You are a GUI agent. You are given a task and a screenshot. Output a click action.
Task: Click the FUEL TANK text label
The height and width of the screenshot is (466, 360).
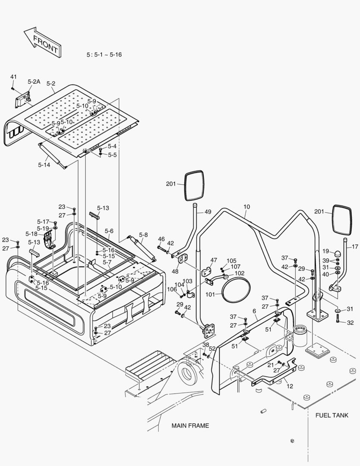[332, 415]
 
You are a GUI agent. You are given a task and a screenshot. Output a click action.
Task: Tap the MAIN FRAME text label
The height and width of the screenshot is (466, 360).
[190, 425]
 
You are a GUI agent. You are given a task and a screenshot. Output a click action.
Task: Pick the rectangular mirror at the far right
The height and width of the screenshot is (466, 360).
[342, 219]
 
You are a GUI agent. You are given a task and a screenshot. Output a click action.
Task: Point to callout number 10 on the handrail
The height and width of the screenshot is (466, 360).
[246, 207]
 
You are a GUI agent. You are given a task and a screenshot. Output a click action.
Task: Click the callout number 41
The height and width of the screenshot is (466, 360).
[13, 77]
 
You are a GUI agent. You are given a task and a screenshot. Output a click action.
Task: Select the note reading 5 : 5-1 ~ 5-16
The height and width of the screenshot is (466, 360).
[104, 55]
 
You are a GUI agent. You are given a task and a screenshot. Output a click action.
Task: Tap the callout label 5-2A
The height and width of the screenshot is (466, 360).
[34, 82]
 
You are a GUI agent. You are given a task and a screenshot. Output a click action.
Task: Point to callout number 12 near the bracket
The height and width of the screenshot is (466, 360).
[290, 386]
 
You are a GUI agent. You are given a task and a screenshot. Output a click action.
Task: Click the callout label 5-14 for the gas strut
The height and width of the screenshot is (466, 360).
[44, 164]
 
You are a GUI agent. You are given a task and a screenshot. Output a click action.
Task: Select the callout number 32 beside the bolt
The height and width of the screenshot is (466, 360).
[350, 322]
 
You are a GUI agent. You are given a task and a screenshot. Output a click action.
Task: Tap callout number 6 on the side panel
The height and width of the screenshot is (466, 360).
[254, 311]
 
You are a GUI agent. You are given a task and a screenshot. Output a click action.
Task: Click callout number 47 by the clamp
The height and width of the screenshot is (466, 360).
[214, 260]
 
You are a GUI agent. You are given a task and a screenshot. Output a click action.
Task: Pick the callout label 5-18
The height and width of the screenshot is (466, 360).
[31, 233]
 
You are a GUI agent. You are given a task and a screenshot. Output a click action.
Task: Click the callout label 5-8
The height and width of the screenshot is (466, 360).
[143, 235]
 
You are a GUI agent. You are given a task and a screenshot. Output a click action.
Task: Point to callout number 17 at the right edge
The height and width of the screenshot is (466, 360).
[355, 247]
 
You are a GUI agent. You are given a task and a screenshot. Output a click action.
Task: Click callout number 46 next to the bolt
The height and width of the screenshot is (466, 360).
[161, 239]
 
